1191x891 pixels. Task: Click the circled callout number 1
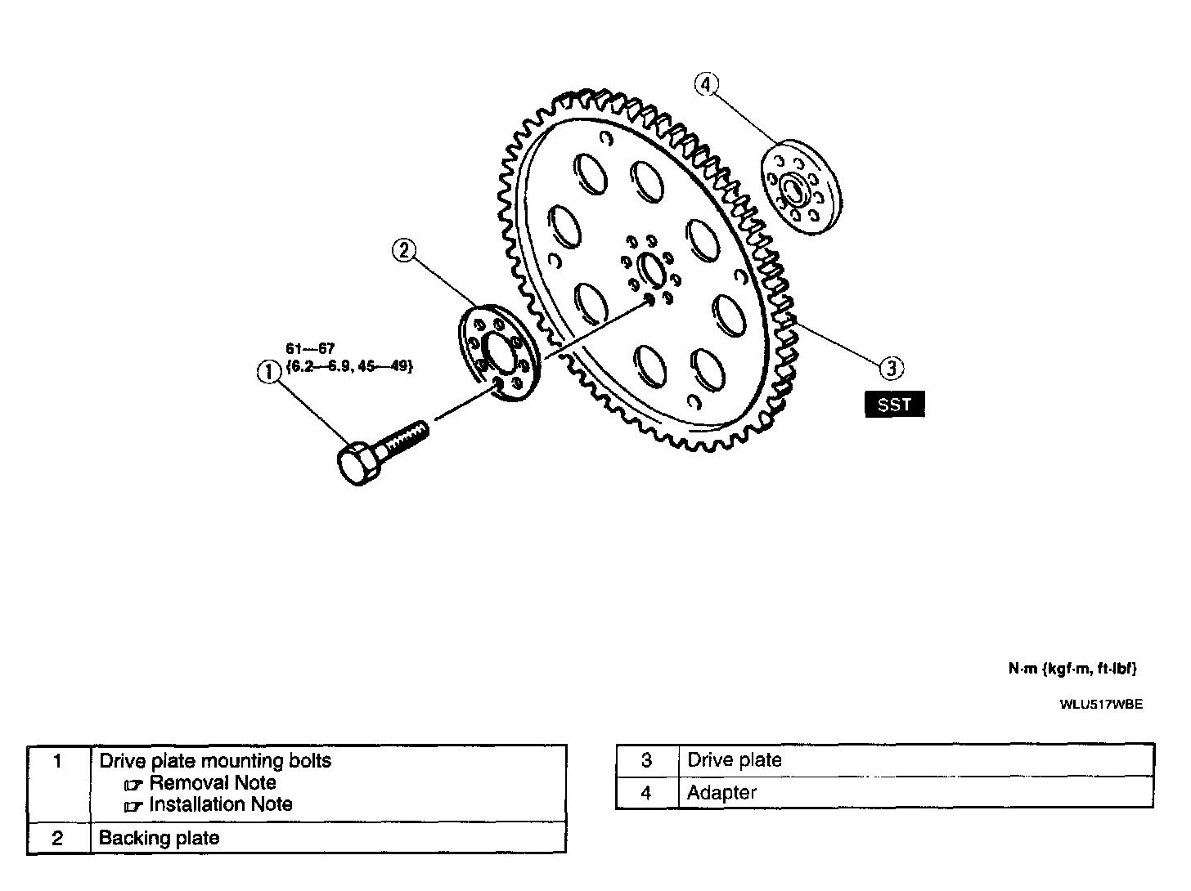[267, 372]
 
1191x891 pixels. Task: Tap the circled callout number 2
[404, 250]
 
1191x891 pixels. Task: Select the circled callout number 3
[891, 368]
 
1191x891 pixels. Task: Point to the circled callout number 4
[707, 83]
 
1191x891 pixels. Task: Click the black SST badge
[894, 405]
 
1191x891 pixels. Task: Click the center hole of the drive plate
[651, 270]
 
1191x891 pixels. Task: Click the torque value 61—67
[310, 349]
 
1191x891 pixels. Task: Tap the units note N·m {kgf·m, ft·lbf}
[1072, 669]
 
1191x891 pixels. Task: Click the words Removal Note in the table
[212, 782]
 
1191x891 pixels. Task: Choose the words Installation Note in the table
[220, 804]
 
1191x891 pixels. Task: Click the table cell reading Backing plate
[159, 838]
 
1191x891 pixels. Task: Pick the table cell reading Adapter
[721, 793]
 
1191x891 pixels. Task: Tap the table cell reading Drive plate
[734, 760]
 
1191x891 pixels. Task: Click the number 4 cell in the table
[646, 793]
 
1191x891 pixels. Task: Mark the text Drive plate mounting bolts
[215, 761]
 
